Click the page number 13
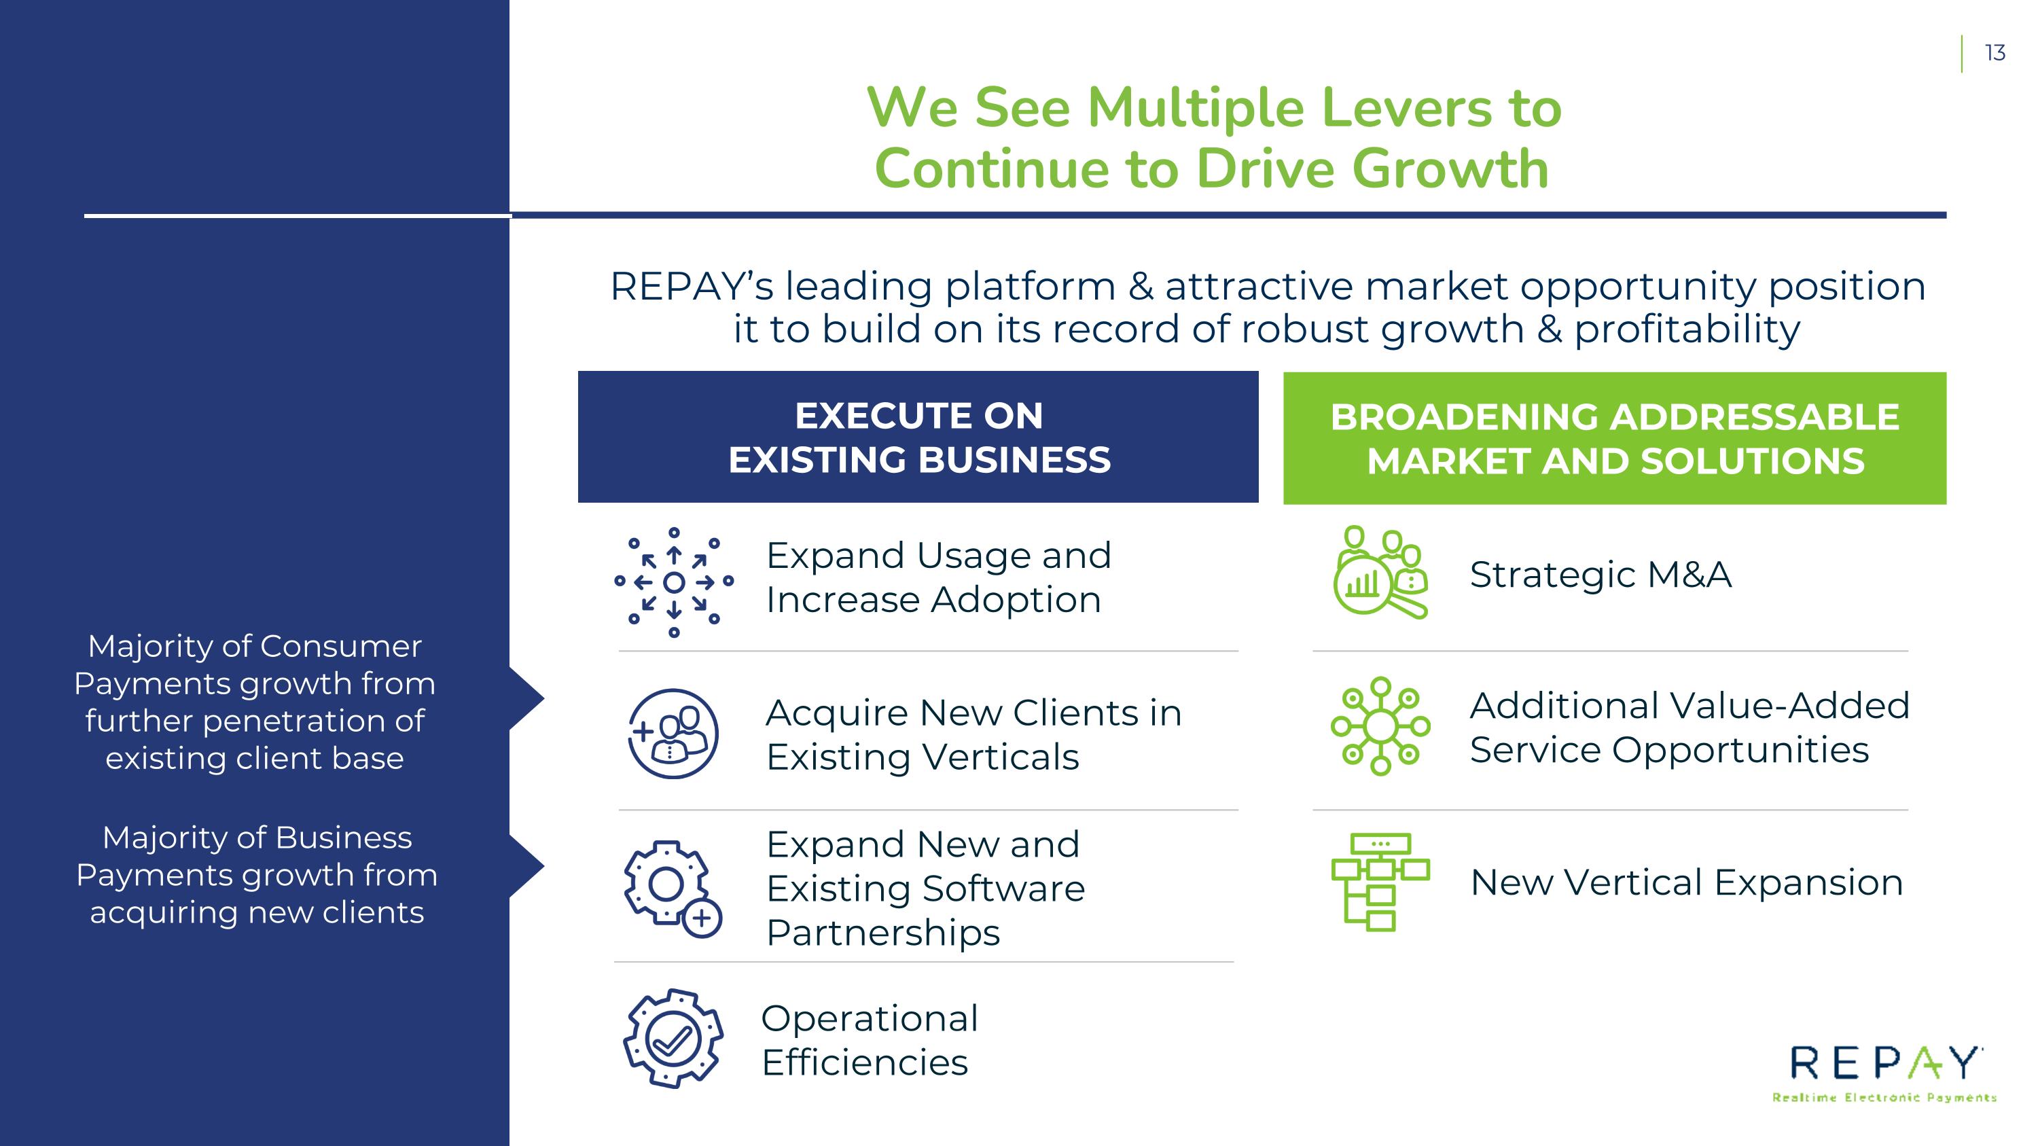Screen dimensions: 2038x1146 pos(1995,53)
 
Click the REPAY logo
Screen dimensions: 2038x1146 pos(1884,1073)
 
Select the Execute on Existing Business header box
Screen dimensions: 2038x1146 pos(918,437)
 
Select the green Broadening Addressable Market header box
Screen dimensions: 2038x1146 pos(1614,438)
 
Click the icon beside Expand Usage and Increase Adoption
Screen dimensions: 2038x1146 pos(673,582)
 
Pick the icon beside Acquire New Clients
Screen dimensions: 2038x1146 pos(673,733)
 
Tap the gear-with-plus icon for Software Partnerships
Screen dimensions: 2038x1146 pos(673,889)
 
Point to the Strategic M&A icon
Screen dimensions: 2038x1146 pos(1380,572)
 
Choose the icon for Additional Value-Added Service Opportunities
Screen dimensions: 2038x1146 pos(1380,726)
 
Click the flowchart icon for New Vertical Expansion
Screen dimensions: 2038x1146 pos(1380,882)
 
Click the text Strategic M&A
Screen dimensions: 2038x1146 pos(1601,574)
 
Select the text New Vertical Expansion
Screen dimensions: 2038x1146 pos(1686,882)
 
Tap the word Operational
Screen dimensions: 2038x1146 pos(870,1019)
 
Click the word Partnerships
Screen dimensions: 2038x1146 pos(883,933)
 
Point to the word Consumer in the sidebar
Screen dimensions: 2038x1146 pos(341,646)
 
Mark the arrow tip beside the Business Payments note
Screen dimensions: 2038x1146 pos(544,866)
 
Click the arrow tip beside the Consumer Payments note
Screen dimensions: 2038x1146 pos(544,698)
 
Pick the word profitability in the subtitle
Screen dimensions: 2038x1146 pos(1687,329)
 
